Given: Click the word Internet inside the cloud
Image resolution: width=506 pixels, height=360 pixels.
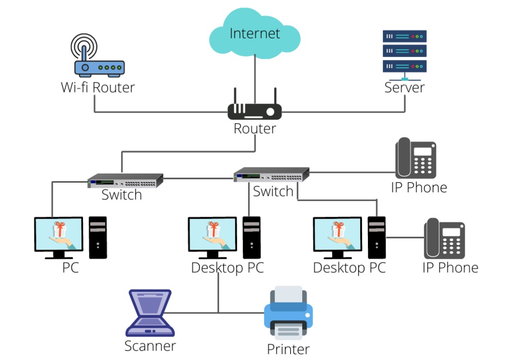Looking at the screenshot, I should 255,34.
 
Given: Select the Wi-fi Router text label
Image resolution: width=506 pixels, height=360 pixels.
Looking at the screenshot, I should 97,88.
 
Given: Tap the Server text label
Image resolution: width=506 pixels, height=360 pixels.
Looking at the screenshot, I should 404,88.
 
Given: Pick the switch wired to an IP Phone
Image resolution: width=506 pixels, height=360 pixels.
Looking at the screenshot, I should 271,174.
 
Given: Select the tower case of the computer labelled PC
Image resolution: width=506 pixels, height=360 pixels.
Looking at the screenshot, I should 98,237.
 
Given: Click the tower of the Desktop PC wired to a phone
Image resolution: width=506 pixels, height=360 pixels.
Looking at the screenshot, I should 377,237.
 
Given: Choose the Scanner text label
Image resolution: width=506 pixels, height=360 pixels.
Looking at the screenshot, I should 150,346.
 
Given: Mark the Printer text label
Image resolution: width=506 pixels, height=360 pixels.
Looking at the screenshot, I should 288,349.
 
